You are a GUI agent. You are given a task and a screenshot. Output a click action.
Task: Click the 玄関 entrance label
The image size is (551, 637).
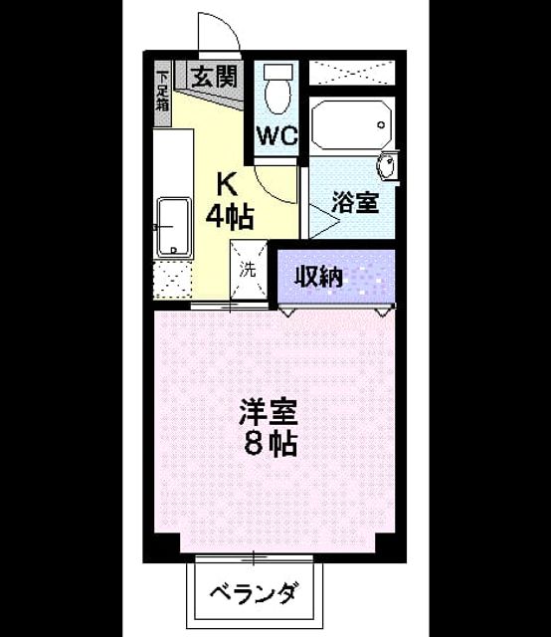(215, 77)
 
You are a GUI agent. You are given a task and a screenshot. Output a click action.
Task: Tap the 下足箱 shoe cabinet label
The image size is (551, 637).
(162, 92)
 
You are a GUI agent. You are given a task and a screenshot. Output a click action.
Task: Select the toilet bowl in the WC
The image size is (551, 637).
(278, 90)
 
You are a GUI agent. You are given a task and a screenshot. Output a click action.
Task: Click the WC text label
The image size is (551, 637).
(278, 136)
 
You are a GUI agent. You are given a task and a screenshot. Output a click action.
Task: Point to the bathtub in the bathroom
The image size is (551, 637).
(352, 124)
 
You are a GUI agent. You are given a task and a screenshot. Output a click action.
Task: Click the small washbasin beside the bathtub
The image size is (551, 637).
(387, 166)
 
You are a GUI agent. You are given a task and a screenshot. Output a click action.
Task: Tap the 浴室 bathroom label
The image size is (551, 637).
(355, 202)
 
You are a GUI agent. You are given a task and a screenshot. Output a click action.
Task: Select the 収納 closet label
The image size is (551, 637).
(318, 277)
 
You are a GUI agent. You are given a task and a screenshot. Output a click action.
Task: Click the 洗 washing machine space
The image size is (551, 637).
(248, 270)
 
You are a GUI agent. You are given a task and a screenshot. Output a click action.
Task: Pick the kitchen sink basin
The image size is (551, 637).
(174, 227)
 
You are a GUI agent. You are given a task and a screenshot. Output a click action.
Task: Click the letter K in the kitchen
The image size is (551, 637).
(227, 184)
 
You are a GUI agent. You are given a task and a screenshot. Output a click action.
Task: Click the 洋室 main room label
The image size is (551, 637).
(270, 412)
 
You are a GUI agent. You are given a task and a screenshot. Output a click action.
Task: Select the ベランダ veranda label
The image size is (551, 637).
(255, 594)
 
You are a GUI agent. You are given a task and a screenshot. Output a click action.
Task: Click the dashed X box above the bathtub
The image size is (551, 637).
(352, 73)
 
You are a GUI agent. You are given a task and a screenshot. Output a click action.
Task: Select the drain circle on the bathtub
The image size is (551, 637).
(381, 124)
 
